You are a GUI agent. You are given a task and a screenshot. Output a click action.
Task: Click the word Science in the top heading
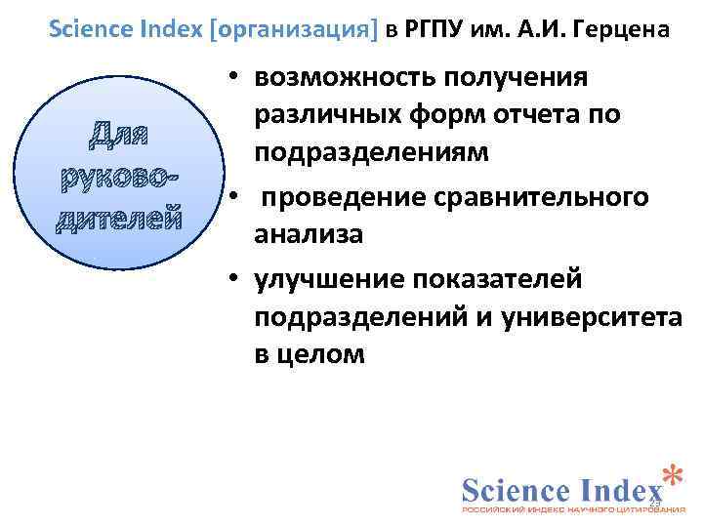click(x=93, y=27)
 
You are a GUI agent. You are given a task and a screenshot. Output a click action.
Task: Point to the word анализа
click(x=309, y=234)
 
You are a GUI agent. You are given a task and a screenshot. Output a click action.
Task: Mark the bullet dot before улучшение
click(x=226, y=280)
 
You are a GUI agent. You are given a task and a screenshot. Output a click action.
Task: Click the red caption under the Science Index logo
click(x=572, y=509)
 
